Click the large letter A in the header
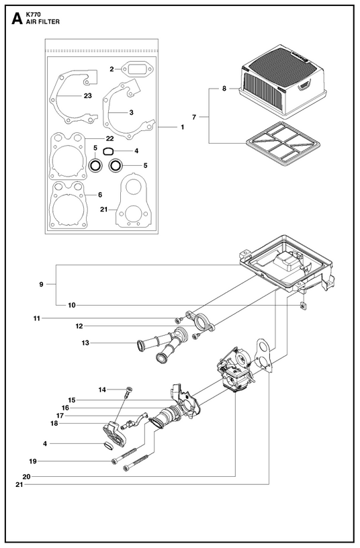(17, 19)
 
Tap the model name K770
(33, 15)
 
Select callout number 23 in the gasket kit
(87, 95)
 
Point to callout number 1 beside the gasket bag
(182, 127)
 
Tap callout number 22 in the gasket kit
(109, 138)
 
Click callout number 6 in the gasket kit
(100, 195)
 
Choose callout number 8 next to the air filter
(224, 89)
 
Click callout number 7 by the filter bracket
(194, 117)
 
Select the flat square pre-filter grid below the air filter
(283, 144)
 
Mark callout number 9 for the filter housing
(41, 285)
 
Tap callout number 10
(72, 305)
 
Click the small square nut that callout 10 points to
(302, 306)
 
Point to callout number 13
(85, 343)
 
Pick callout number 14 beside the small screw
(102, 390)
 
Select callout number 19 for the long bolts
(32, 461)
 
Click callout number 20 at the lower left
(26, 476)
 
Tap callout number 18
(54, 423)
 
